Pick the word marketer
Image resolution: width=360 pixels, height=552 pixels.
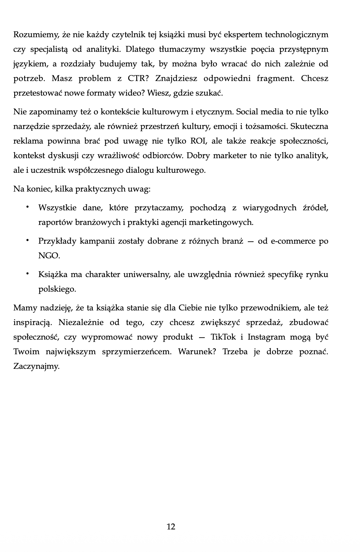tap(229, 156)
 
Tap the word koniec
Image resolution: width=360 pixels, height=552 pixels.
tap(38, 189)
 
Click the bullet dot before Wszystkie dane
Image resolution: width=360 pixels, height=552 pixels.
tap(26, 208)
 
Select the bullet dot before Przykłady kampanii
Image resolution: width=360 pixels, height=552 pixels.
tap(26, 241)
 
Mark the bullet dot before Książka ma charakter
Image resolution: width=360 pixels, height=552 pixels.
tap(26, 274)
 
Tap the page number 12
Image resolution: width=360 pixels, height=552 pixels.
tap(171, 527)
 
